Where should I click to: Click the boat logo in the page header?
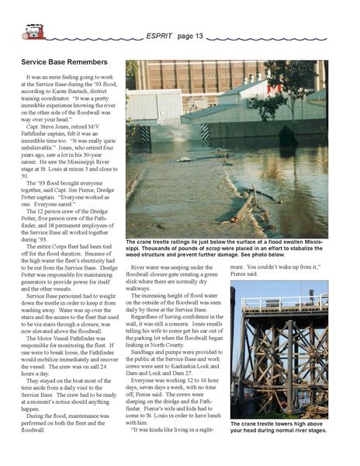pos(33,32)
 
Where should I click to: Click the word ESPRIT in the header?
pos(161,36)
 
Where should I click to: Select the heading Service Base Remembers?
pos(64,61)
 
